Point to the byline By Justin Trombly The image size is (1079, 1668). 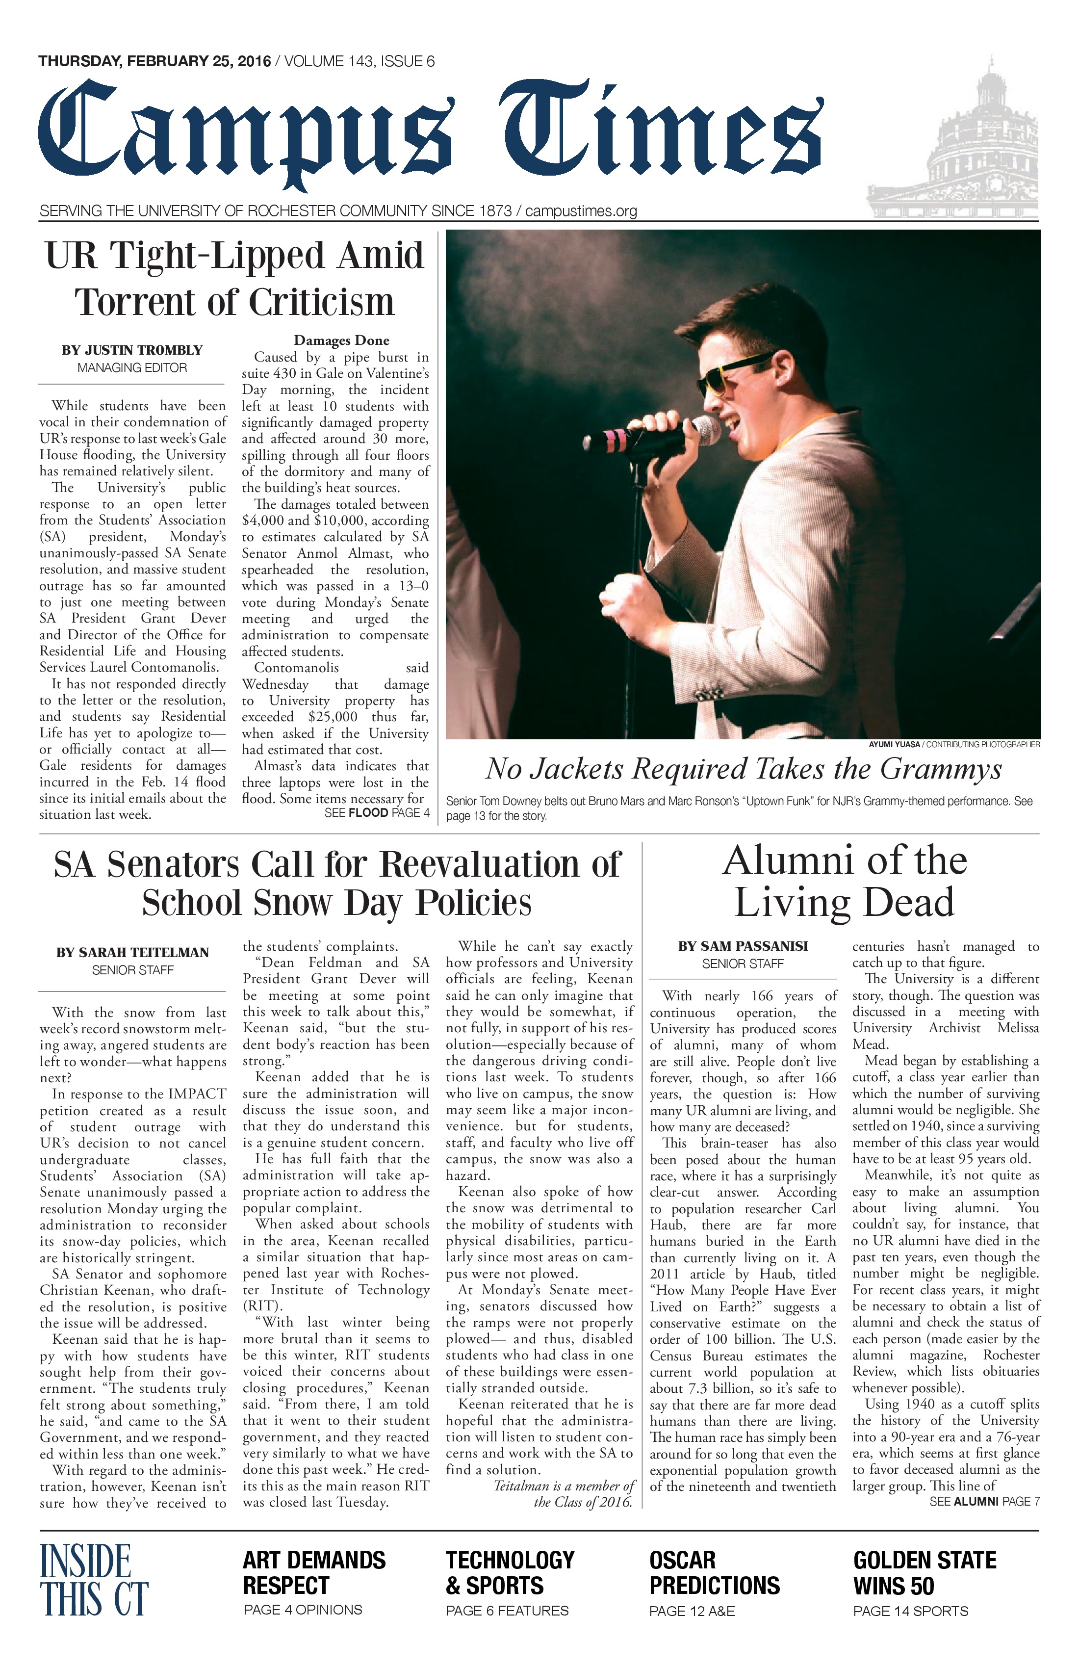[132, 350]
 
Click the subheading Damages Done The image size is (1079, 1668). [341, 340]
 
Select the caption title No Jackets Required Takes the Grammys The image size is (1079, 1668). [744, 770]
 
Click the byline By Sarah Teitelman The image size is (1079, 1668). [132, 952]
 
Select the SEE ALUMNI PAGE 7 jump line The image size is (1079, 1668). [984, 1501]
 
